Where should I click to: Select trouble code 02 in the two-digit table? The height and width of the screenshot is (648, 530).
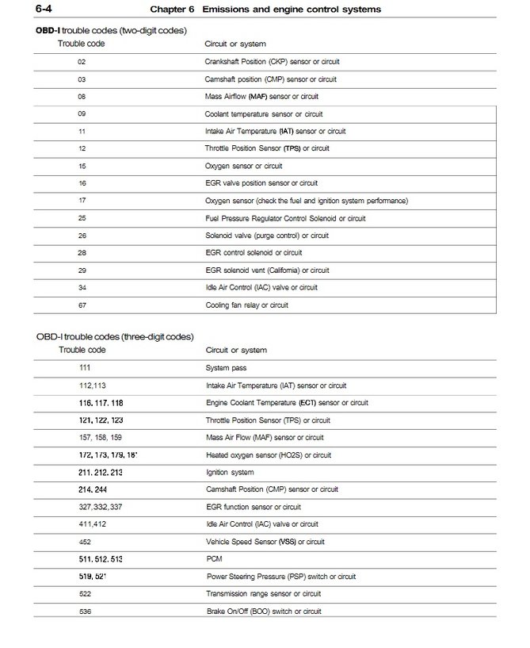click(x=82, y=61)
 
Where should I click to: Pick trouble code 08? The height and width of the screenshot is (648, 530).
click(x=82, y=96)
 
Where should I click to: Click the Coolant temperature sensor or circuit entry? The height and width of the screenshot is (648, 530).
click(x=263, y=113)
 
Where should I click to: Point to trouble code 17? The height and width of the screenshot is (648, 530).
click(x=82, y=201)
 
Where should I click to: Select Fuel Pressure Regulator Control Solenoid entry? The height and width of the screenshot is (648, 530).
click(x=285, y=218)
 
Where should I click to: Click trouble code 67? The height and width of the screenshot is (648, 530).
click(x=82, y=305)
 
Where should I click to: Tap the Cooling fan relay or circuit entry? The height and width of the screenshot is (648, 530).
click(x=246, y=305)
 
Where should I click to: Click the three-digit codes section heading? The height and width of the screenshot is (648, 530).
click(x=115, y=336)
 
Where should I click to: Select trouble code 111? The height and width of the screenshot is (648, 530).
click(x=85, y=368)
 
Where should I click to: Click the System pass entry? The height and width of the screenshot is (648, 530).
click(x=226, y=368)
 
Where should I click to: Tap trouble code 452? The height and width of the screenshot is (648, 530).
click(x=85, y=542)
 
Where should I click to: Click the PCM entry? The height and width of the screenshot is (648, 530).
click(x=214, y=559)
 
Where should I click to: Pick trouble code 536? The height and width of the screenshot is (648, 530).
click(x=85, y=612)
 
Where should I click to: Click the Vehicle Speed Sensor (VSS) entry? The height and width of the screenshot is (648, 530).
click(x=265, y=542)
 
